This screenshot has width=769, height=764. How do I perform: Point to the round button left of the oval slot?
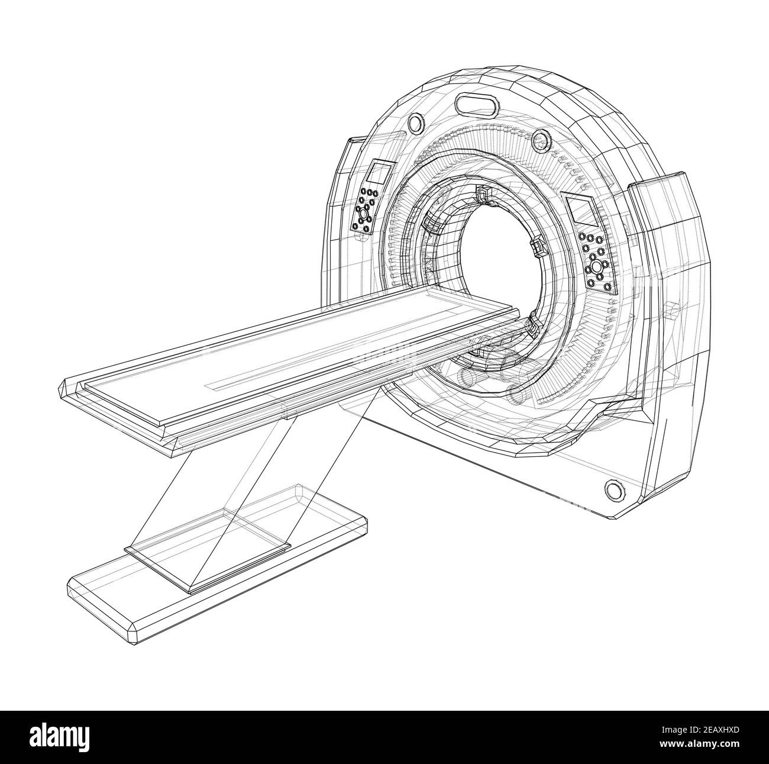click(415, 123)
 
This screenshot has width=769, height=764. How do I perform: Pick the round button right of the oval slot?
click(539, 140)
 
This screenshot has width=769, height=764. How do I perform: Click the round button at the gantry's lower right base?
click(613, 489)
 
